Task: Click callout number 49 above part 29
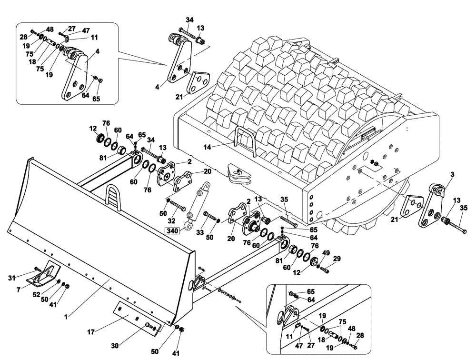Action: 326,253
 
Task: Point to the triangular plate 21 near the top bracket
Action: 197,81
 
